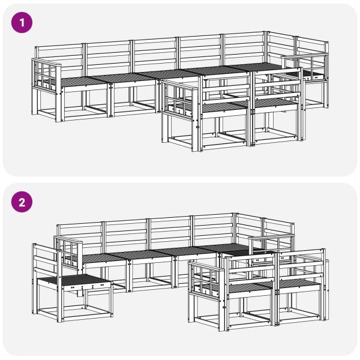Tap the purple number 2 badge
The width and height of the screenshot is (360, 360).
click(23, 201)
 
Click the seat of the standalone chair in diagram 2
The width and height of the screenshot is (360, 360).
click(72, 280)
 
